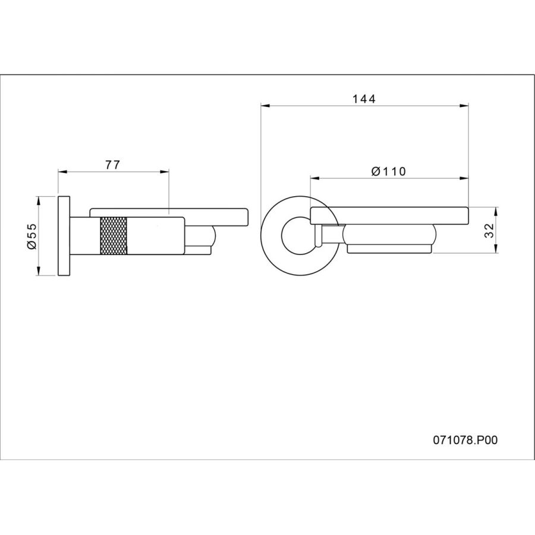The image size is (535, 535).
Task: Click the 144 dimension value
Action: click(x=364, y=99)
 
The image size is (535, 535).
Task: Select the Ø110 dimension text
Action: click(x=389, y=171)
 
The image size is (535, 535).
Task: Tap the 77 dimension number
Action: click(x=112, y=165)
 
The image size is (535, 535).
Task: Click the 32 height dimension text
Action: click(x=489, y=231)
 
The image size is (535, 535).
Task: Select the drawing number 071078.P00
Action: click(x=465, y=440)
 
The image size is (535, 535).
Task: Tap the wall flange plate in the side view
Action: click(x=64, y=236)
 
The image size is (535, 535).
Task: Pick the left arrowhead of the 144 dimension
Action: click(x=265, y=106)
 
